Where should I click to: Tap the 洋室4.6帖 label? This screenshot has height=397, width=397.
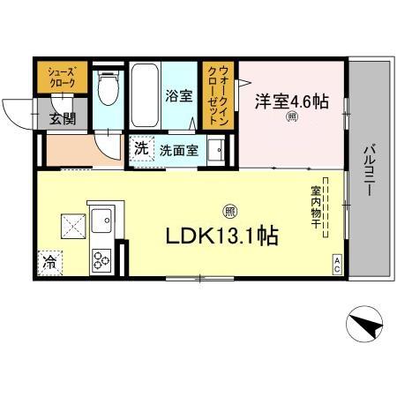(292, 102)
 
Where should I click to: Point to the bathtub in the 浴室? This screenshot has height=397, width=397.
(141, 95)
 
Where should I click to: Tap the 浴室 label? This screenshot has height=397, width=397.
(179, 96)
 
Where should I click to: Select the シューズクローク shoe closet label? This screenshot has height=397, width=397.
(61, 77)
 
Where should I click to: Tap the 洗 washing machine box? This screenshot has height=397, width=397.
(141, 149)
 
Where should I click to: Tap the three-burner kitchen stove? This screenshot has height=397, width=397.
(99, 259)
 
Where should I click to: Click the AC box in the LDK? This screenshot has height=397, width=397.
(337, 262)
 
